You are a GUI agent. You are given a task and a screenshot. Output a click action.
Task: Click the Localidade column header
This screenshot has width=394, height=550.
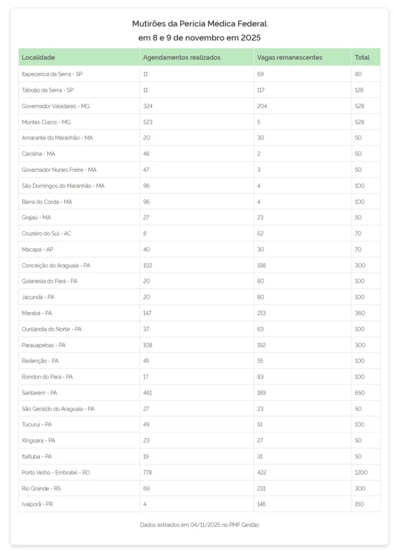(x=38, y=57)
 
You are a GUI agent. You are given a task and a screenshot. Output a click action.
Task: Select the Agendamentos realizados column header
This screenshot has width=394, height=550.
(x=181, y=57)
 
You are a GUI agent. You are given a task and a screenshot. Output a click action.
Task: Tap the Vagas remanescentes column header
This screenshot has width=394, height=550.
(x=290, y=57)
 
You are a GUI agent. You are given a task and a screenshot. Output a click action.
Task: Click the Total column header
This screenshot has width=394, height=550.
(x=362, y=57)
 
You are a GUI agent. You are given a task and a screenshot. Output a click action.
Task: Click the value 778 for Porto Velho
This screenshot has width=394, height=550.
(x=148, y=473)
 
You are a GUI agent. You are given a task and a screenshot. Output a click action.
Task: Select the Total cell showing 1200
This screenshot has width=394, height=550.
(x=361, y=473)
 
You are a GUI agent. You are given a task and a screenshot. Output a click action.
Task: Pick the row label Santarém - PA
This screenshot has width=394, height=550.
(x=39, y=393)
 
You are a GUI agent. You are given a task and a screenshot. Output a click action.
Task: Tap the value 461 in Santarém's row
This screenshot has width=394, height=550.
(x=148, y=393)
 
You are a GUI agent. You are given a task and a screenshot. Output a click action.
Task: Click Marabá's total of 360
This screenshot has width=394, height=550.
(x=359, y=313)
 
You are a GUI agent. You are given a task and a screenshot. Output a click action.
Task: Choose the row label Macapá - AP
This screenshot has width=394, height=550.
(x=38, y=249)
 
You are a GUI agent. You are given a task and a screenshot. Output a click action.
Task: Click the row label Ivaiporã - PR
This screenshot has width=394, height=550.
(x=38, y=504)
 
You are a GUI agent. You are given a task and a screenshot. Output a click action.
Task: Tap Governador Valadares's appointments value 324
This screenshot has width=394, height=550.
(x=148, y=106)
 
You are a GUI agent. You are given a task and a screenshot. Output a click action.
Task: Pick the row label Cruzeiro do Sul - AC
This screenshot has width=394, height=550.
(x=46, y=233)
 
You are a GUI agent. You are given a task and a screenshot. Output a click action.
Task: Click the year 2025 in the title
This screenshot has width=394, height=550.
(x=250, y=38)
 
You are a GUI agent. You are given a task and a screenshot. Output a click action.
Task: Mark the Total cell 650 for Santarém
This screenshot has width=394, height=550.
(x=359, y=393)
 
